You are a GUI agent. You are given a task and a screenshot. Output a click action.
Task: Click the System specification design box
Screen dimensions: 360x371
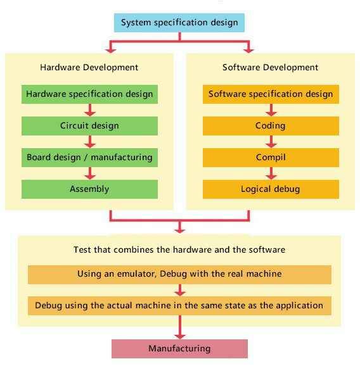tap(179, 23)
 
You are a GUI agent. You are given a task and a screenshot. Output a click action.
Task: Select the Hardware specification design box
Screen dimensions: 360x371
tap(89, 94)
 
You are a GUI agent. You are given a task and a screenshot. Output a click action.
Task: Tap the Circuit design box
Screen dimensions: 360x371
tap(89, 126)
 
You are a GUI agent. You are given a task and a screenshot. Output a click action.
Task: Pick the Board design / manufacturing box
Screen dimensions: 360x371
tap(89, 158)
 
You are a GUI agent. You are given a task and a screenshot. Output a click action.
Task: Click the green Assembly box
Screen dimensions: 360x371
tap(89, 189)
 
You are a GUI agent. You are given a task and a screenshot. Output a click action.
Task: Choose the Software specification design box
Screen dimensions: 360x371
tap(271, 94)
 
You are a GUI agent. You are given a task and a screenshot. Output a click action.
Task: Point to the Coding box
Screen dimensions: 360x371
tap(271, 126)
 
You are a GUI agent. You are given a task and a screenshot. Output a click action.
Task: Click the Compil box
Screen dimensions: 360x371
tap(271, 158)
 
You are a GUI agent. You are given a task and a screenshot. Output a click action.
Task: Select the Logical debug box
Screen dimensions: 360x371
tap(271, 189)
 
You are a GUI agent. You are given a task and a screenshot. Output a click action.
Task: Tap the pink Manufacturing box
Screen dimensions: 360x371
tap(179, 349)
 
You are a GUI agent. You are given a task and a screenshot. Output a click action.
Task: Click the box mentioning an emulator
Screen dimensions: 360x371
tap(179, 275)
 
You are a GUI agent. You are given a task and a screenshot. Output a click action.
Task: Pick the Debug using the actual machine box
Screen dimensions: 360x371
tap(179, 306)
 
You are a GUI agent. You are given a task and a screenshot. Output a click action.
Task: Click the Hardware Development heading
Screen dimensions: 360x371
tap(89, 68)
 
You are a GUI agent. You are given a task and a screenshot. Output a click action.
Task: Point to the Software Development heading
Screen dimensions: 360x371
tap(270, 68)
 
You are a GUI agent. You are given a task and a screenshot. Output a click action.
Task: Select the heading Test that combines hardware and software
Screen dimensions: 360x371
tap(179, 250)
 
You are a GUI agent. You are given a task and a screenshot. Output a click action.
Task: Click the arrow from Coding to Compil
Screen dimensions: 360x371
tap(271, 142)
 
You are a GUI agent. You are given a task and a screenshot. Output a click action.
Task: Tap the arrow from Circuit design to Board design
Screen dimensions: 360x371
tap(90, 142)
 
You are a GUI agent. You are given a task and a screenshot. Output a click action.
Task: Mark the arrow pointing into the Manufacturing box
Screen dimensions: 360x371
tap(180, 327)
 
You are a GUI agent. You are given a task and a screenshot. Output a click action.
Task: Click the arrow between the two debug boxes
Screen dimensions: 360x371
tap(180, 290)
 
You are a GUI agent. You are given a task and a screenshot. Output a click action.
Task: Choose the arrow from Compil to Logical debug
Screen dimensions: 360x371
tap(271, 173)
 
